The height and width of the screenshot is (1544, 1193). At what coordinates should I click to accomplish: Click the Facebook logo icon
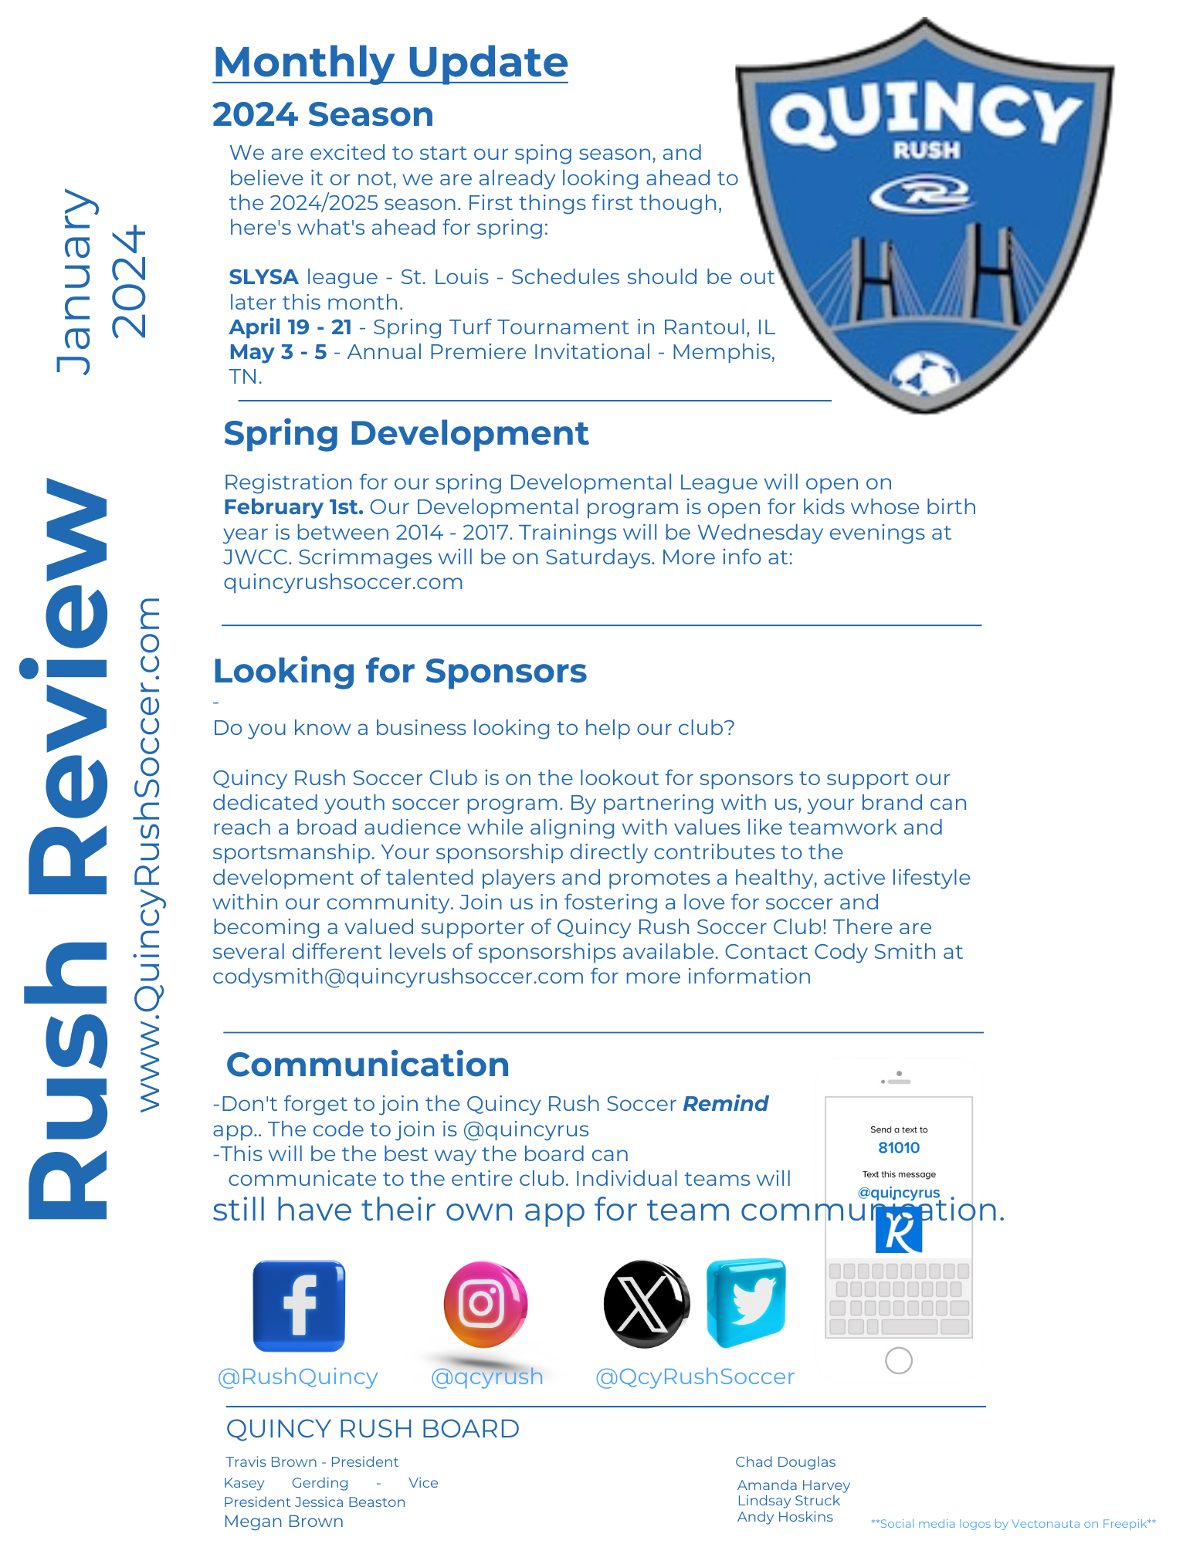point(299,1305)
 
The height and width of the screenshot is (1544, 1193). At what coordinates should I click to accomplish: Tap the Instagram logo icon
point(485,1304)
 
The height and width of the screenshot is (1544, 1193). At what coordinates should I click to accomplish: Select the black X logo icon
point(646,1305)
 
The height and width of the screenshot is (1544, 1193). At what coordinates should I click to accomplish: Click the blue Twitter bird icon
point(747,1302)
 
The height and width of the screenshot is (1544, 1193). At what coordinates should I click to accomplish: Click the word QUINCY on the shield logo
point(925,116)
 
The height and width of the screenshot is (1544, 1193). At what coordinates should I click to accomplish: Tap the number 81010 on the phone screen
point(899,1148)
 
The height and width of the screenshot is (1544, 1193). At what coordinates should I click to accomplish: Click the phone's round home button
point(899,1360)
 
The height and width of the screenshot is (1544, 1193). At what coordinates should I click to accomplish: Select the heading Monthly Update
point(390,63)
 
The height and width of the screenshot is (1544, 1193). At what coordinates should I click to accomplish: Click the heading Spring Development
point(405,433)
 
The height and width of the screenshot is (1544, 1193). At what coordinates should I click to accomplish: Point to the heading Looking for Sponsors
point(399,671)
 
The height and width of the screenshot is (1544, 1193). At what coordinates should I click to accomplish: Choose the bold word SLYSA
point(263,277)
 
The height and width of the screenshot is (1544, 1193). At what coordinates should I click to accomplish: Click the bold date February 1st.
point(293,507)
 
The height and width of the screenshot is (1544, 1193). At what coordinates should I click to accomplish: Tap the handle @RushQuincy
point(298,1376)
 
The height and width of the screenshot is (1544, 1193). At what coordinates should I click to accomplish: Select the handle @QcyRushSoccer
point(695,1376)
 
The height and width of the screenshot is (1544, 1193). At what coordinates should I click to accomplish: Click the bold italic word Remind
point(725,1104)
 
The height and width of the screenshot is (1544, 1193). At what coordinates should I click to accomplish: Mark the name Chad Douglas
point(785,1462)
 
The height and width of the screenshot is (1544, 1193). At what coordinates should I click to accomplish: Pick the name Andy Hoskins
point(785,1517)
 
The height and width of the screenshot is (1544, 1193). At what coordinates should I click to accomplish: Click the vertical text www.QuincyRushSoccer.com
point(148,853)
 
